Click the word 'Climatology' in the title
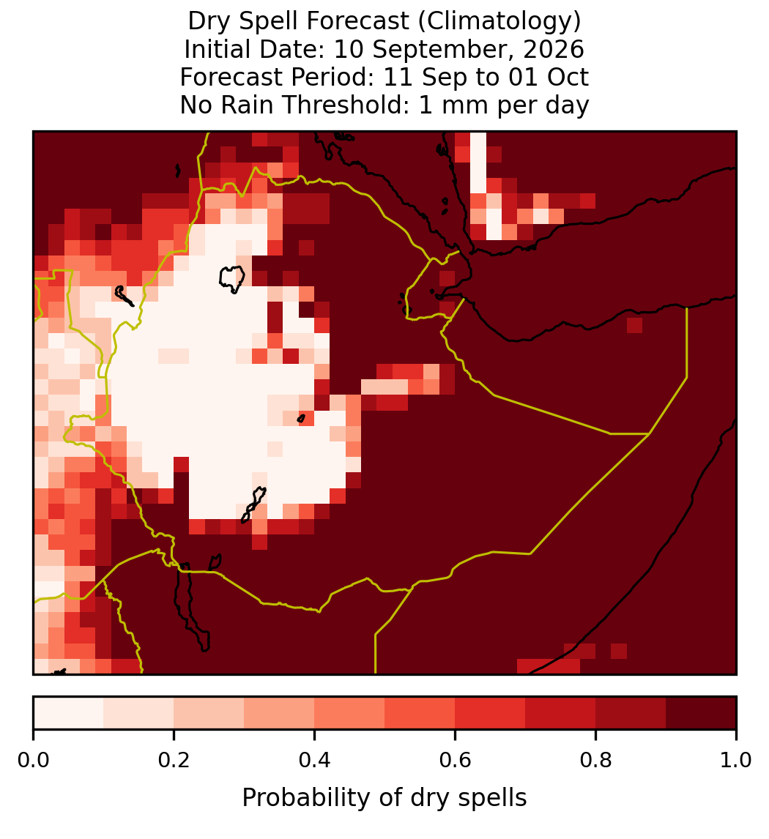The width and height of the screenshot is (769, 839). (x=499, y=22)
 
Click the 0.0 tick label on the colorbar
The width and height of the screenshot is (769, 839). (x=33, y=761)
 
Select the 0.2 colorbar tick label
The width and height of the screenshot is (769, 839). (x=174, y=761)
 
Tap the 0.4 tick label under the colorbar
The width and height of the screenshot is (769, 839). (x=315, y=761)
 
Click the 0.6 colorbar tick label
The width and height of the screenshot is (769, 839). (x=456, y=761)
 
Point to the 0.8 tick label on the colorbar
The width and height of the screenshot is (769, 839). (x=595, y=761)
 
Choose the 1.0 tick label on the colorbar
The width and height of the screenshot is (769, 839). (x=736, y=761)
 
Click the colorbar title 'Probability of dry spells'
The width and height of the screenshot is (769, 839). (x=384, y=798)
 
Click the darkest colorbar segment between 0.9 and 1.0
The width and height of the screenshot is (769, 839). (x=702, y=713)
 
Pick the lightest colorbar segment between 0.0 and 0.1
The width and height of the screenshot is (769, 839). (x=69, y=713)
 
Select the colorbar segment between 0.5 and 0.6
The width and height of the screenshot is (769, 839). (x=420, y=713)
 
